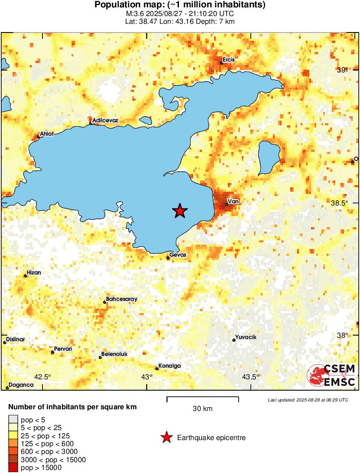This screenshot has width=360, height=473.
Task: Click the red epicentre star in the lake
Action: (x=180, y=211)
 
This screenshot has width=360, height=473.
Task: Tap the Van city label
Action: (x=233, y=201)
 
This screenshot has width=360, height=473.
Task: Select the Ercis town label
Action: (x=228, y=59)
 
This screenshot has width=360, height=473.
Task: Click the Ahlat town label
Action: (x=47, y=134)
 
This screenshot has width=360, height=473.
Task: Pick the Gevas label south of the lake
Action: (x=178, y=255)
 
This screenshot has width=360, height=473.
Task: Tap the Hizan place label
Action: (x=34, y=272)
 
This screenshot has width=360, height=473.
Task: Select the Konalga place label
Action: (x=169, y=366)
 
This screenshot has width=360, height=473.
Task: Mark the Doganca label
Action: (x=21, y=385)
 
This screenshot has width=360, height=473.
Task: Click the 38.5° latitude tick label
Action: (x=347, y=203)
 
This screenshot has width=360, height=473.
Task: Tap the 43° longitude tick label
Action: (x=147, y=377)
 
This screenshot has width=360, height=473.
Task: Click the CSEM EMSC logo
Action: (x=331, y=375)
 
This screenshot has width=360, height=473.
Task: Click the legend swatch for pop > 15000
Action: (x=13, y=467)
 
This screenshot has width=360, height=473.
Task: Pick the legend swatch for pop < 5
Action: (x=13, y=420)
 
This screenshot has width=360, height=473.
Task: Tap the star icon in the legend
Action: (x=166, y=438)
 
